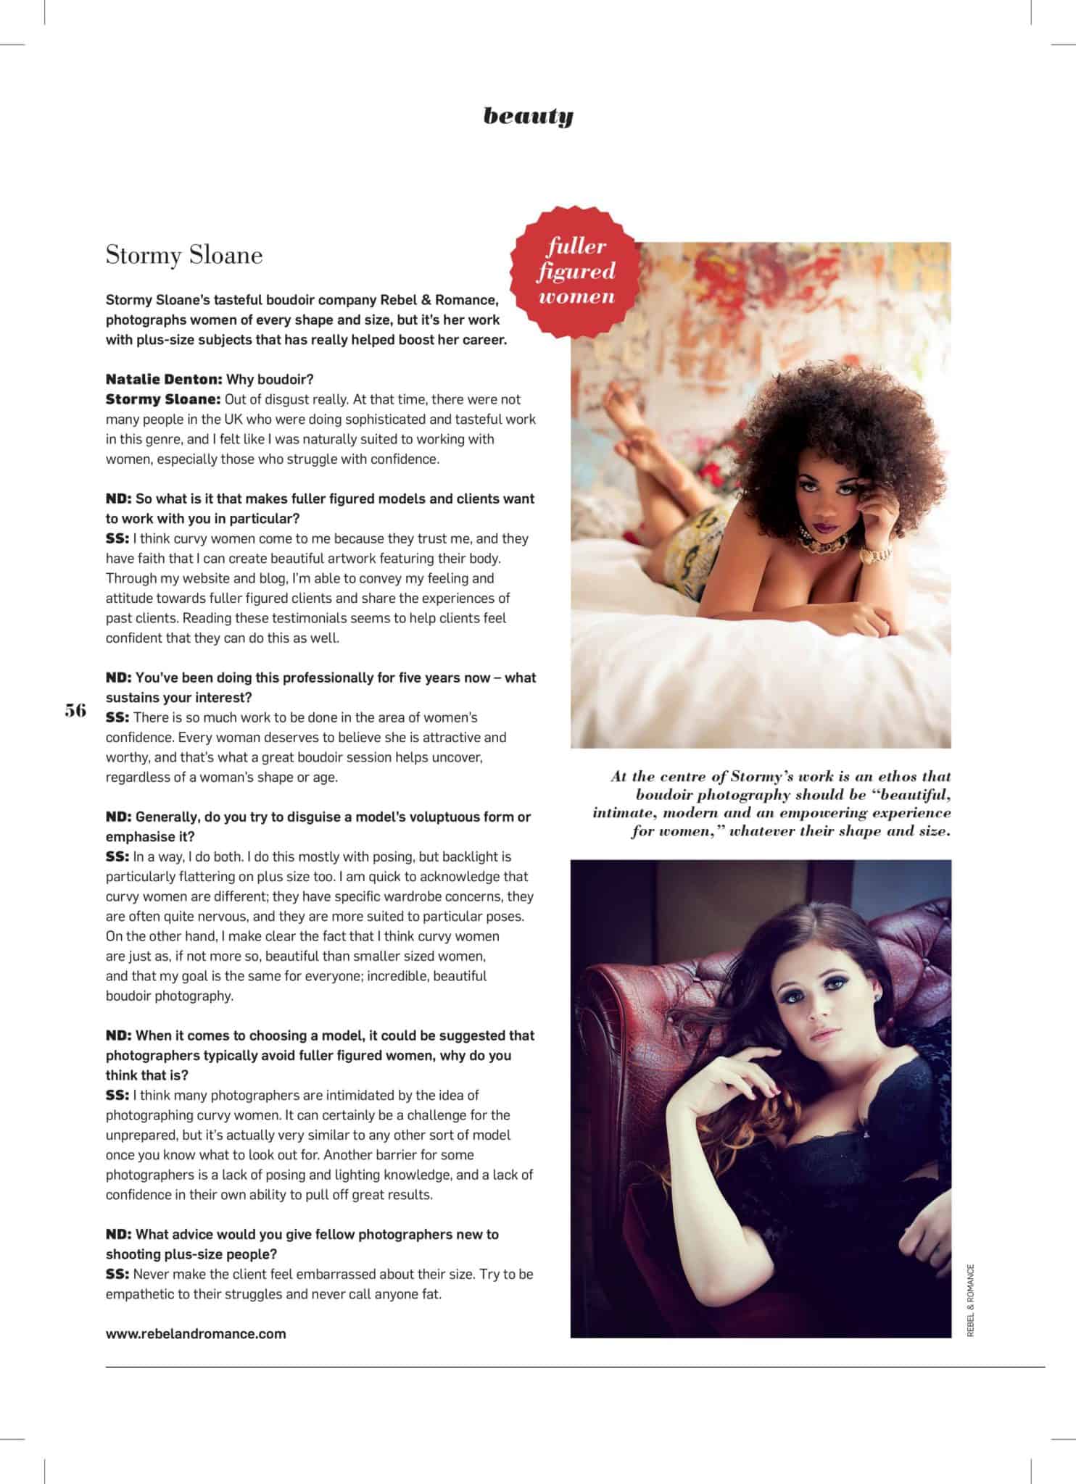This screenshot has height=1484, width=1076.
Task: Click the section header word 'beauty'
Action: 528,116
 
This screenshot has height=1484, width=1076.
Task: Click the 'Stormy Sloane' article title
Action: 184,255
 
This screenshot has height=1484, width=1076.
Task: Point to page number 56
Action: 75,710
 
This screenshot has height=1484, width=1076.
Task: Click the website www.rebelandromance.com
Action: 196,1333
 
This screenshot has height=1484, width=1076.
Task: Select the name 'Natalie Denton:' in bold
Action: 164,379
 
